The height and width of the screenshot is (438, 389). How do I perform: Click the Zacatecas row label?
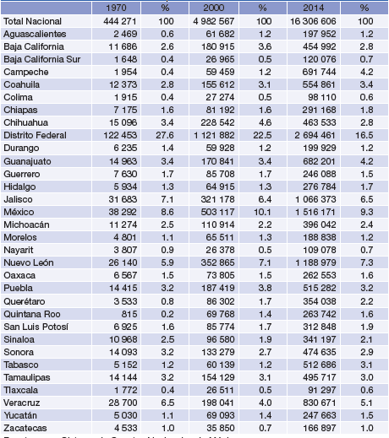coord(25,428)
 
